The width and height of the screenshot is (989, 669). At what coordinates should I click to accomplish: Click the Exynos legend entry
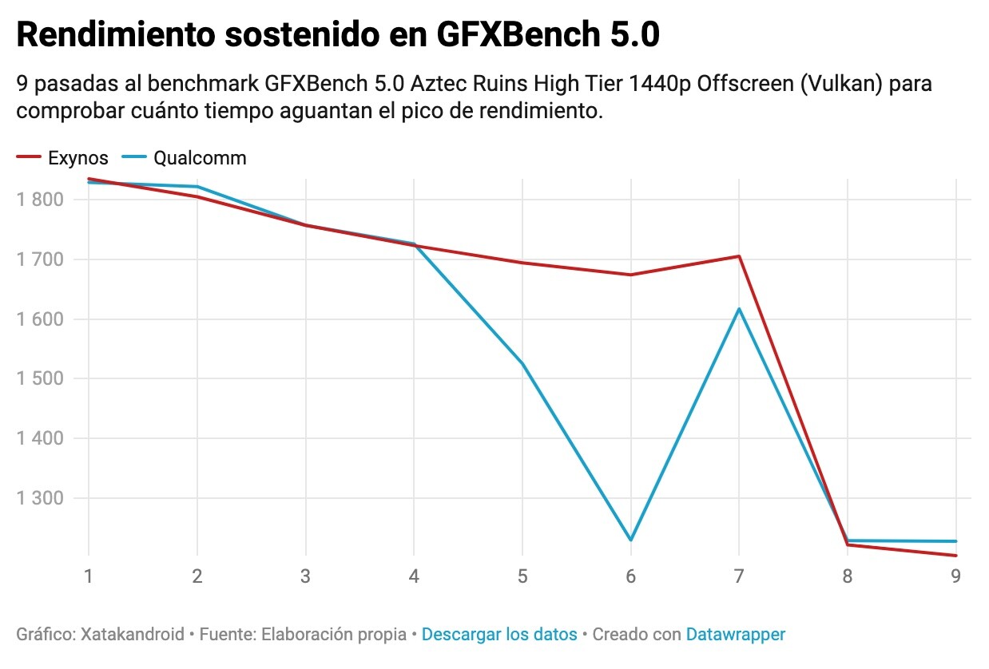pos(77,158)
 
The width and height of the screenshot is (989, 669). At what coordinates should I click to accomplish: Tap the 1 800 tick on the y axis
pos(39,200)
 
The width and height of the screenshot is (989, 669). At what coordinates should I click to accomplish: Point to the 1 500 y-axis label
pos(39,378)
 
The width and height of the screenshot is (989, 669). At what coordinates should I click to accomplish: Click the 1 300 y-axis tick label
pos(39,497)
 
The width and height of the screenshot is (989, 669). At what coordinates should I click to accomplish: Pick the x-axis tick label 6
pos(630,576)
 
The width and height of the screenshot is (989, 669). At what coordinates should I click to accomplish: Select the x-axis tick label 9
pos(955,576)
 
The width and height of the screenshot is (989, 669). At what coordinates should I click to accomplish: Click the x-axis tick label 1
pos(89,576)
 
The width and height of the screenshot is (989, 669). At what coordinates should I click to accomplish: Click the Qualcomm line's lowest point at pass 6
pos(630,540)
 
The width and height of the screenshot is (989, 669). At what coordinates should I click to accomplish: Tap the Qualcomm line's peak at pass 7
pos(739,309)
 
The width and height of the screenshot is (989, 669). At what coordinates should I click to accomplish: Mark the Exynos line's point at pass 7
pos(739,256)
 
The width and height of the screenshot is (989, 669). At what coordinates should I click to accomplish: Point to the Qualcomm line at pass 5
pos(522,364)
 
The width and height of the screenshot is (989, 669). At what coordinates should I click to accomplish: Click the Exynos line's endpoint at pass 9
pos(955,556)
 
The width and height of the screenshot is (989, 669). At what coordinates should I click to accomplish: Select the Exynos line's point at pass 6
pos(630,275)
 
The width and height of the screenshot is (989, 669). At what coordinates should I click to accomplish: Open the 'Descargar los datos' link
pos(499,635)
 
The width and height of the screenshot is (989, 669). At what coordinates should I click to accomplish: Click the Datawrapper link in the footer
pos(735,635)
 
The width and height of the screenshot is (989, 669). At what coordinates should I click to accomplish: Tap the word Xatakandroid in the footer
pos(133,635)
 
